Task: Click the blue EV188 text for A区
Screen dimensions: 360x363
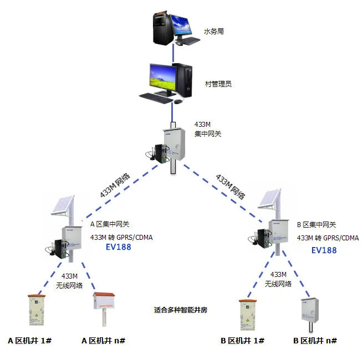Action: coord(119,247)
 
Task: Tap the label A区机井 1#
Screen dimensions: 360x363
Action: coord(30,340)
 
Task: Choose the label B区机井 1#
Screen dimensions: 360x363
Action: coord(243,340)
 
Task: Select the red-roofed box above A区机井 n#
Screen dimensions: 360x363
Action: coord(103,304)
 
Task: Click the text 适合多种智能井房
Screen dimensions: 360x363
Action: coord(183,310)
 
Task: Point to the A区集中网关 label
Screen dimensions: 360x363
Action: coord(110,224)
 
